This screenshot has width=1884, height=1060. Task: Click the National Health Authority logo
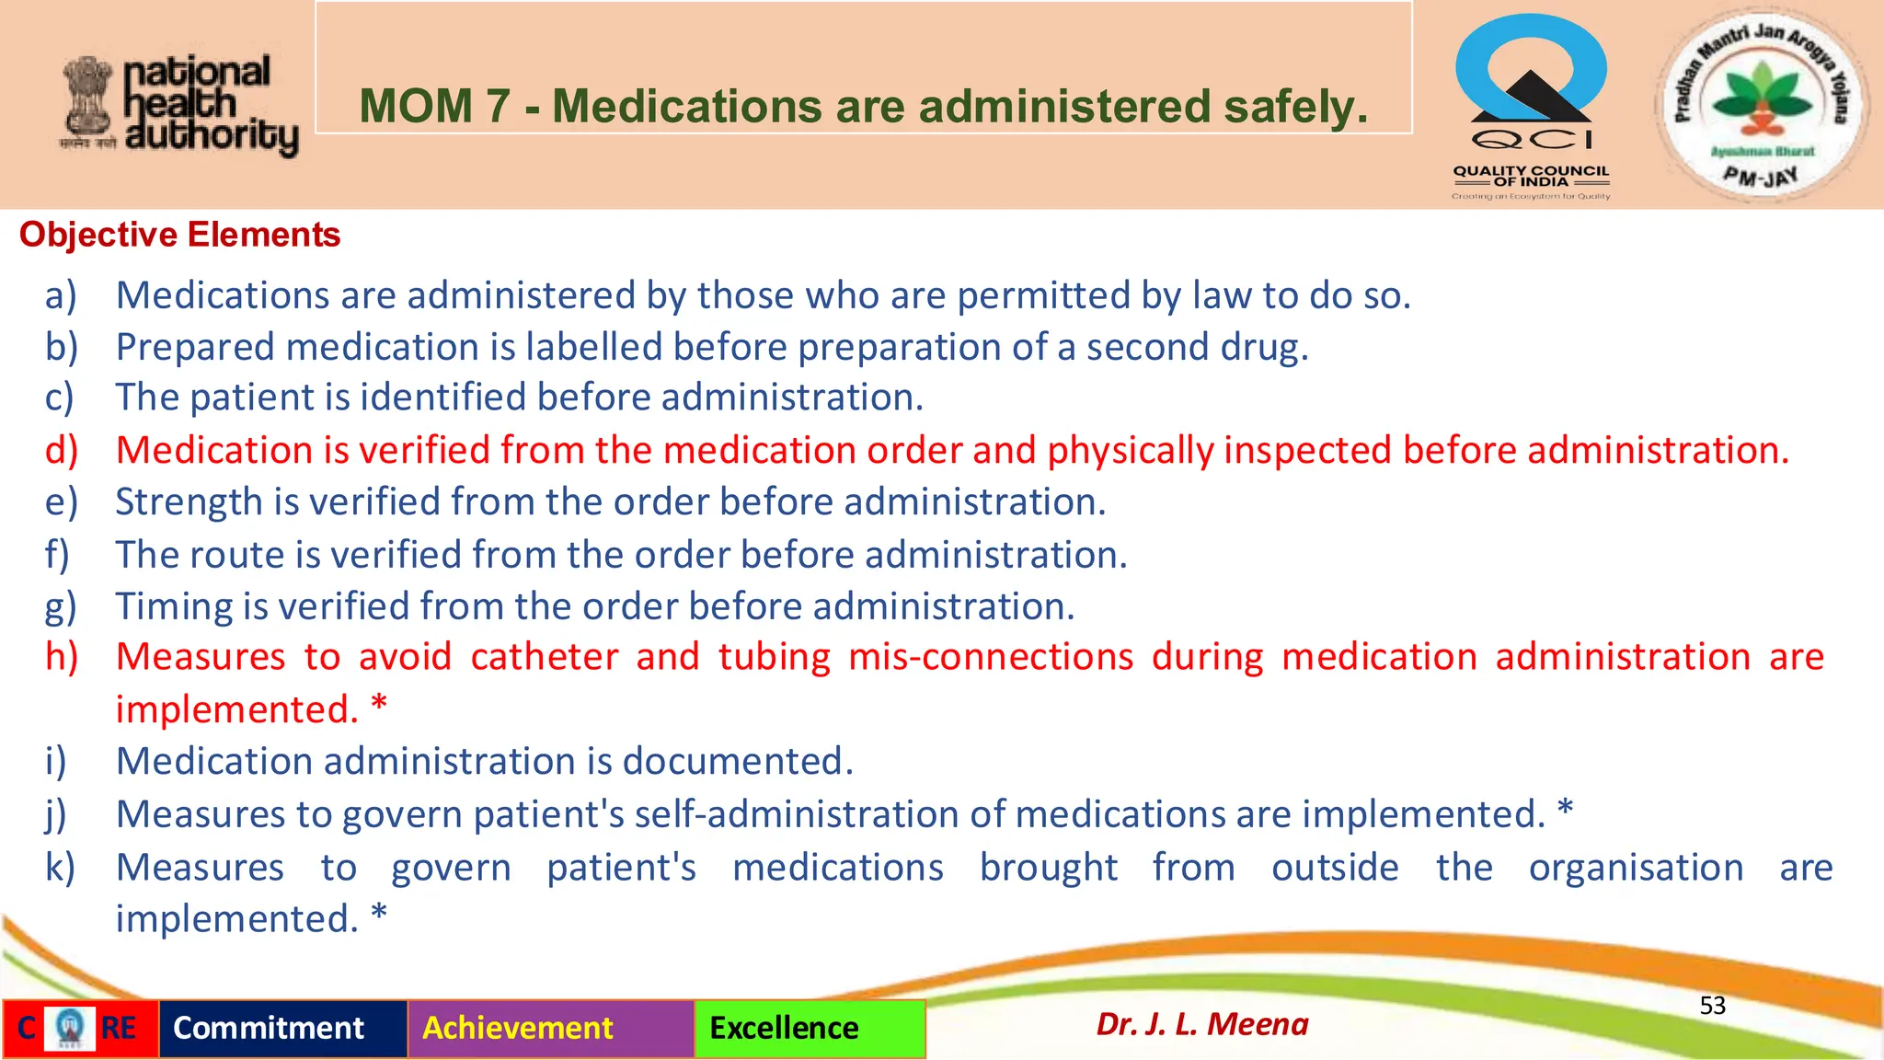[x=180, y=104]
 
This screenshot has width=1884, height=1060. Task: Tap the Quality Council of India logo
[x=1531, y=106]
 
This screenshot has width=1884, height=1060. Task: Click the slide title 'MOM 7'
[x=863, y=105]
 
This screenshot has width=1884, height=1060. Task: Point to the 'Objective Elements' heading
[x=179, y=235]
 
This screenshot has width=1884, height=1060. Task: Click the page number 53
[x=1712, y=1006]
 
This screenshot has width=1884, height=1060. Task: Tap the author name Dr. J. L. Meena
[x=1201, y=1024]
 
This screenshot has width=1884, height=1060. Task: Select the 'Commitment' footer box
[x=269, y=1028]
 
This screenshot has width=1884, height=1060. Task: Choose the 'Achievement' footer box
[x=517, y=1028]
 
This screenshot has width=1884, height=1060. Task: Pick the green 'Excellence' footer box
[x=784, y=1028]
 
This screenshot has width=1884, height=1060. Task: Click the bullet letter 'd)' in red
[x=62, y=450]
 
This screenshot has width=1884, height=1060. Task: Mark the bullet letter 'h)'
[x=62, y=657]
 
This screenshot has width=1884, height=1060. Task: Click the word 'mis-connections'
[x=990, y=657]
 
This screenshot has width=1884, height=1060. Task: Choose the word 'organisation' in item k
[x=1636, y=868]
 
